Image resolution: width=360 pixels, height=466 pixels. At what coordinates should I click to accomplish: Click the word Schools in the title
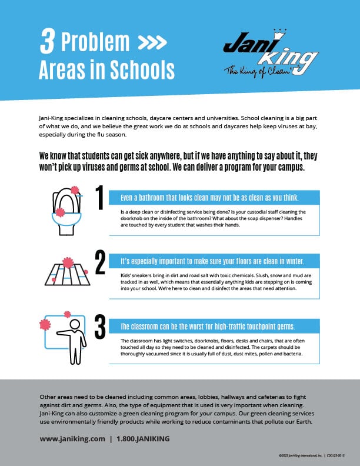point(142,70)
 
